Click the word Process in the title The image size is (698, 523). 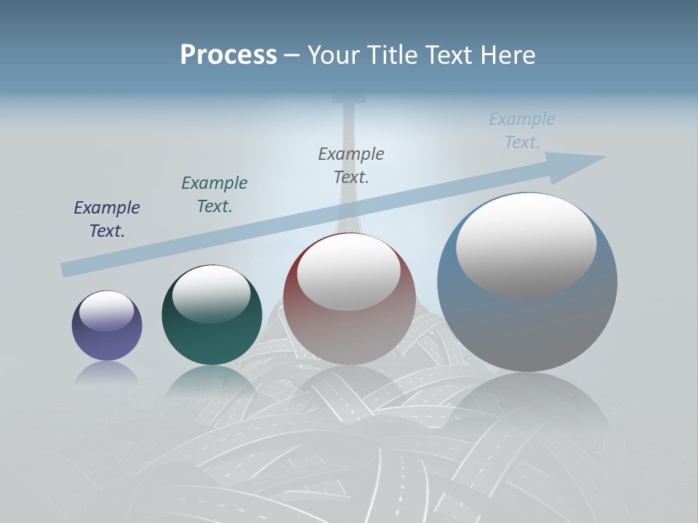(228, 55)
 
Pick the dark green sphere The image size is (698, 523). (212, 334)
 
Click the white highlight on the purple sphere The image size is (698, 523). (107, 311)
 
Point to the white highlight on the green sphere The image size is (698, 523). (212, 294)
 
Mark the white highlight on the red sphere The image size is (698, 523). (349, 272)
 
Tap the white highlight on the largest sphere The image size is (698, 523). (526, 246)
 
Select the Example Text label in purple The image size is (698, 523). (107, 219)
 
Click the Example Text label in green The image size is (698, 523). (214, 195)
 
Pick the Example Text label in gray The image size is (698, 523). (351, 165)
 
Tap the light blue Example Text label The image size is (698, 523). (522, 130)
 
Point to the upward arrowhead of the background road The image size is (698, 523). (349, 99)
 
